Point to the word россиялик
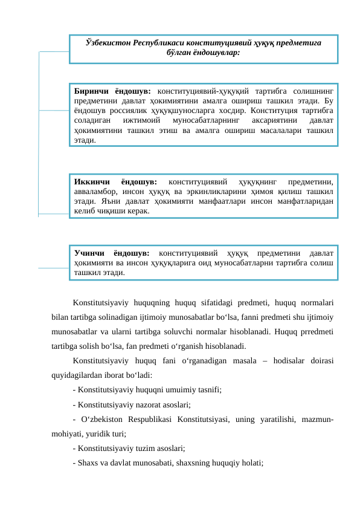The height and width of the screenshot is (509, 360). tap(122, 110)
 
